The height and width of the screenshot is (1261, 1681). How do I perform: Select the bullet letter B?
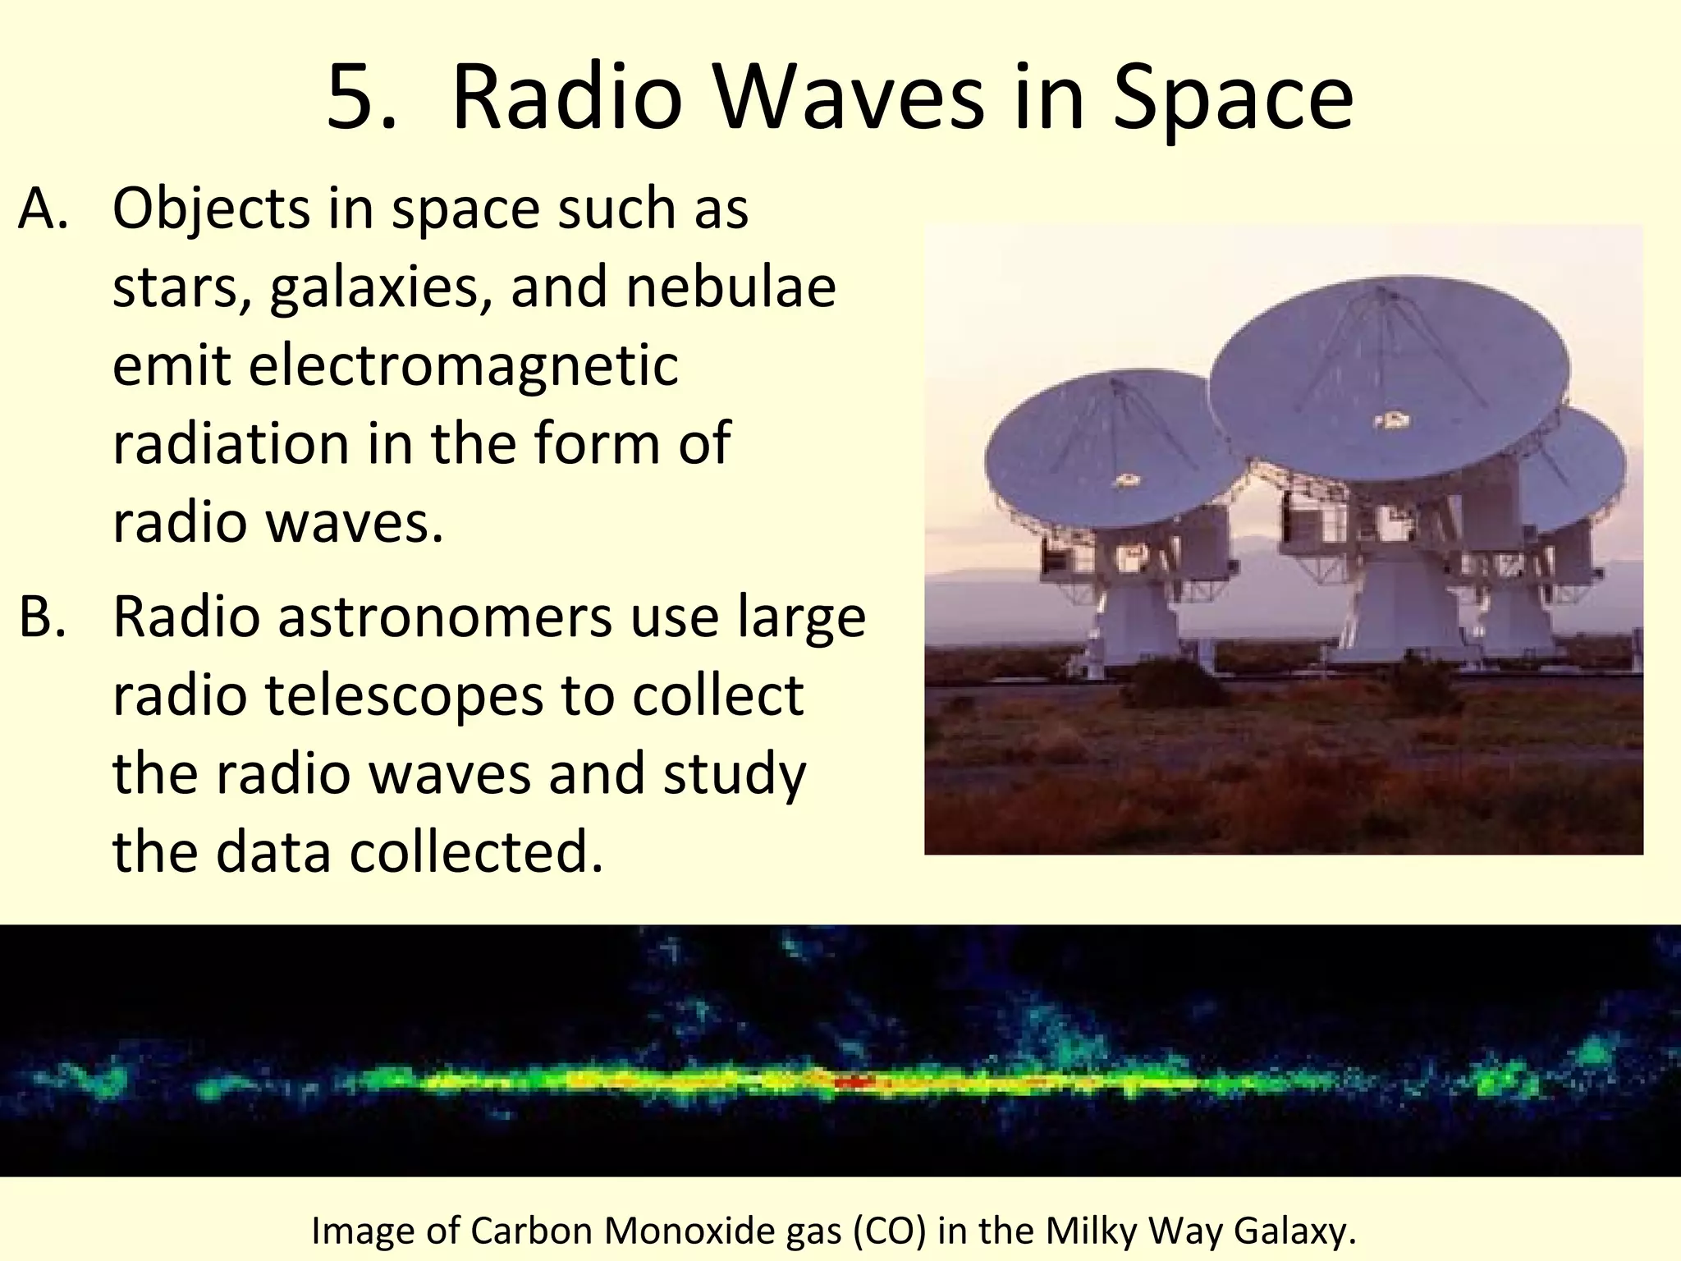pos(41,617)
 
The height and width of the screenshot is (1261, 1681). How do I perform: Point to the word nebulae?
pos(731,287)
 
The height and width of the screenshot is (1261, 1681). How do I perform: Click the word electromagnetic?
pos(395,365)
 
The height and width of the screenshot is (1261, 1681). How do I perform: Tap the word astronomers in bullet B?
pos(444,617)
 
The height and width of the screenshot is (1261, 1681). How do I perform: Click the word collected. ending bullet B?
pos(476,851)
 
